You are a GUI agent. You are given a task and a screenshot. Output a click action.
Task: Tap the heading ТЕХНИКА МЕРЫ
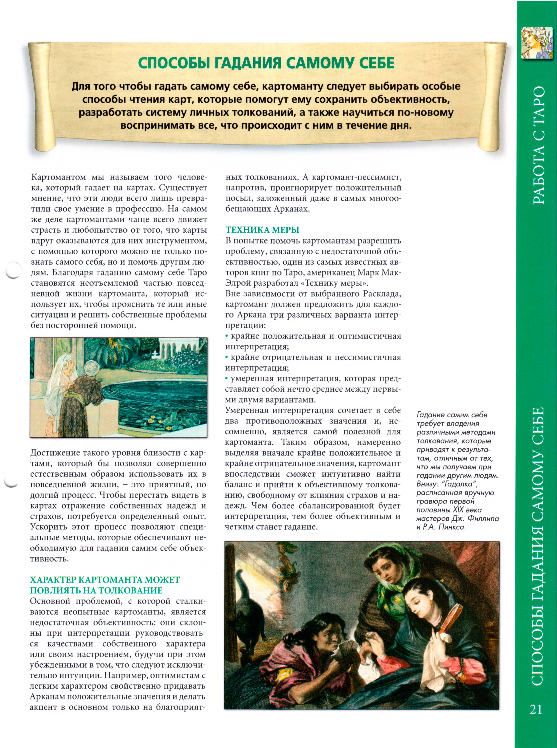(x=262, y=230)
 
